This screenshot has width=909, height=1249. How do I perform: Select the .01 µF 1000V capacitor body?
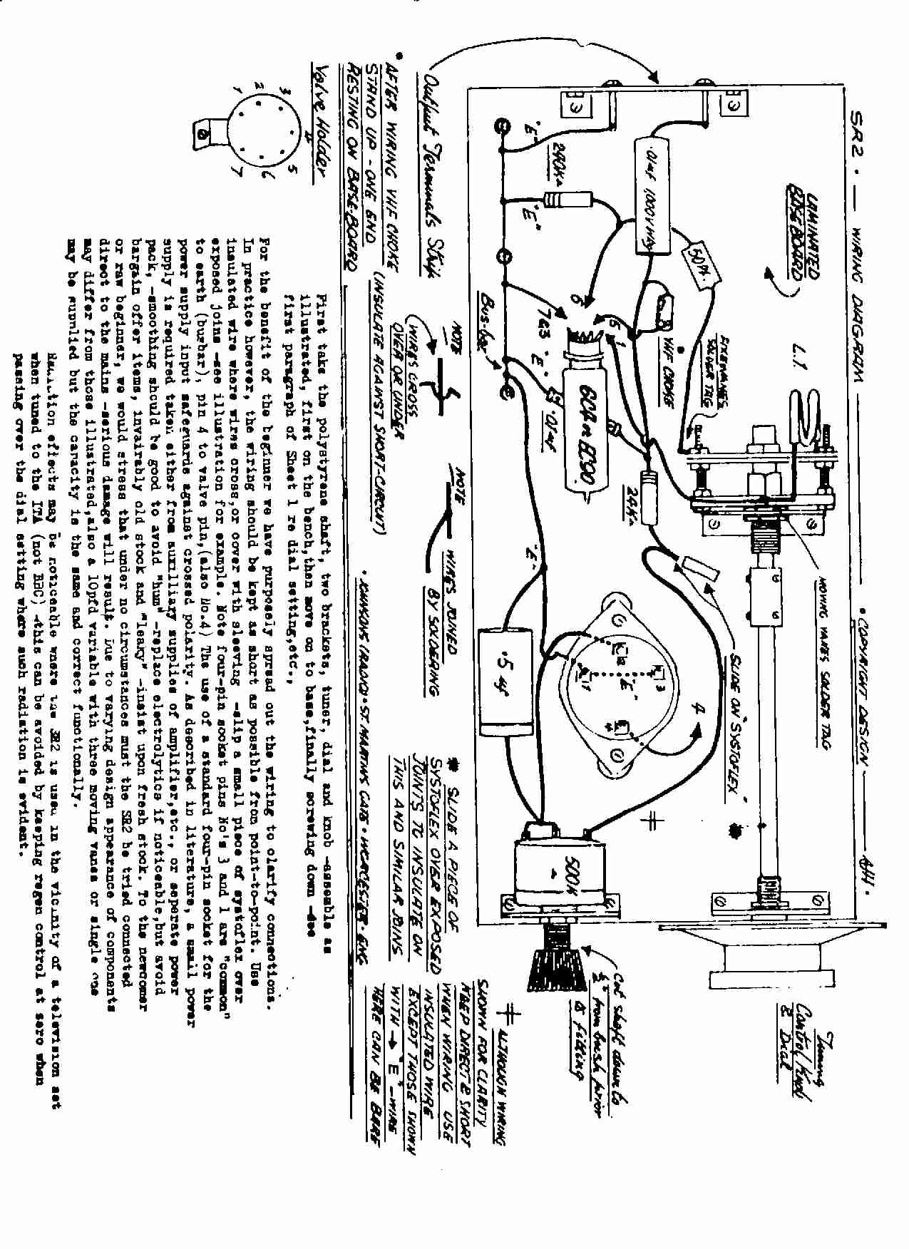[x=654, y=195]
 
